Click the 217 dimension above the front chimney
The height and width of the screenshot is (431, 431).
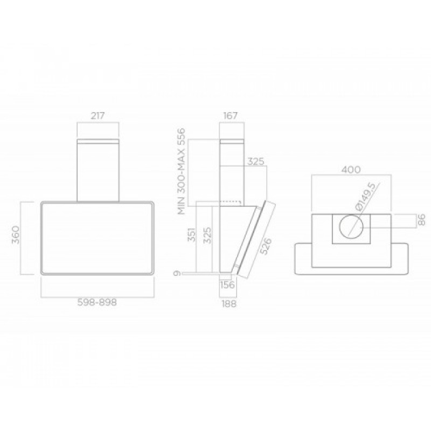coord(98,116)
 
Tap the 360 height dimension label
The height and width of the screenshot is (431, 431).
coord(16,235)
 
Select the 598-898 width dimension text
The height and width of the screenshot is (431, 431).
coord(97,303)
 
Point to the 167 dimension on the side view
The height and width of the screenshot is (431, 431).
coord(230,116)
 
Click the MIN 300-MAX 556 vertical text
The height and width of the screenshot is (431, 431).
coord(182,171)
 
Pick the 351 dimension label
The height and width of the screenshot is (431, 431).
coord(192,234)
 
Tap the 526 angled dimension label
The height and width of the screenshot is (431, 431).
coord(266,246)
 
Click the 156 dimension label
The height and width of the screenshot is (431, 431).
coord(227,285)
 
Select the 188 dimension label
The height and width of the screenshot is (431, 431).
coord(228,304)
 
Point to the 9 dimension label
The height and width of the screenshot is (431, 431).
coord(178,274)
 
